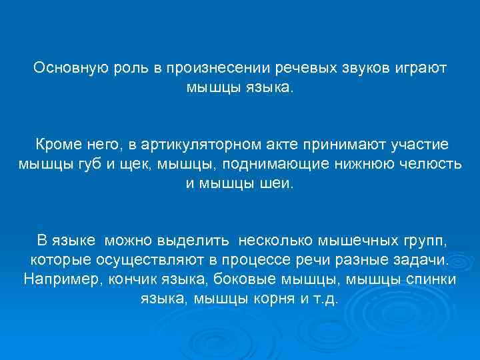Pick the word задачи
coord(424,259)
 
